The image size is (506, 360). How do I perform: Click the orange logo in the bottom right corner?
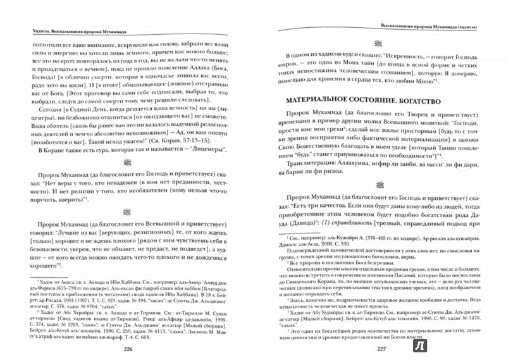tap(487, 342)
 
